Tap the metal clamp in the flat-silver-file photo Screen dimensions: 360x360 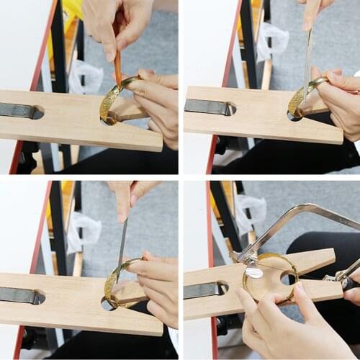206,107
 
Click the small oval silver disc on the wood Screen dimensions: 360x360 254,272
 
